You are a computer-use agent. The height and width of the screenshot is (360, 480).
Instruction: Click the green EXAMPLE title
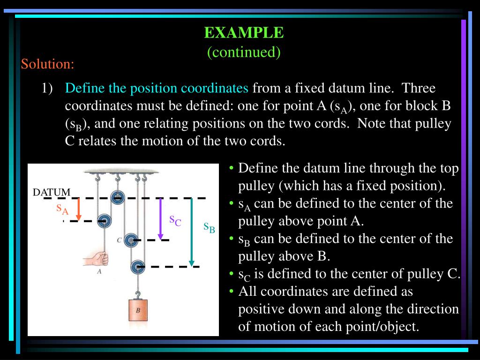[244, 33]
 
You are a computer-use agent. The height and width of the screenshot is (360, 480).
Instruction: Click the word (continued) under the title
[244, 52]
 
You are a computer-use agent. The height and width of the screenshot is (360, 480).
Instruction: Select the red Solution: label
[47, 64]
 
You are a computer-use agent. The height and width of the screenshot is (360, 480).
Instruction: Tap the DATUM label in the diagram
[52, 192]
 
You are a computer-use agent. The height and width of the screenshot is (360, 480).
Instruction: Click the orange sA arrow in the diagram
[79, 209]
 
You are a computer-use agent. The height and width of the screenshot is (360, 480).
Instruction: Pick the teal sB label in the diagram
[209, 227]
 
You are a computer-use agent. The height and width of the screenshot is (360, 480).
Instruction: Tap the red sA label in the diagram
[62, 209]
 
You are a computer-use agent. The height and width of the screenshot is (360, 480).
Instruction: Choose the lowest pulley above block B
[137, 267]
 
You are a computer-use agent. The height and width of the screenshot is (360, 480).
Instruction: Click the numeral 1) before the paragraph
[47, 88]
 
